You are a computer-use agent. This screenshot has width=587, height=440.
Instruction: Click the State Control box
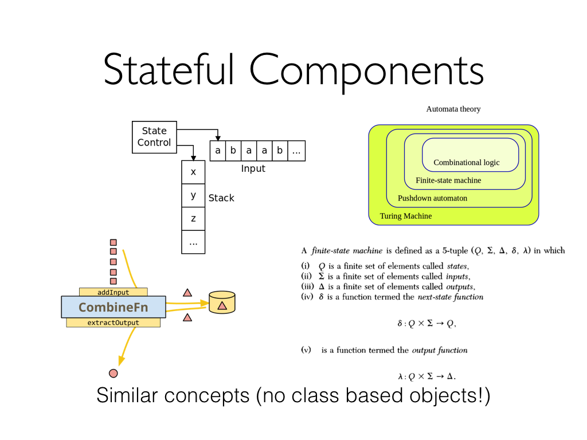(154, 137)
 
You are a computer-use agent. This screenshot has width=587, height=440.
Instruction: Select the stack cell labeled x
(193, 172)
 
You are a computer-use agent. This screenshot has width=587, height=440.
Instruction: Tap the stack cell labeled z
(193, 218)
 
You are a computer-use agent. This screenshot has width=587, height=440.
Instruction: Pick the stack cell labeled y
(193, 195)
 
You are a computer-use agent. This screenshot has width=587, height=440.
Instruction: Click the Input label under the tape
(253, 168)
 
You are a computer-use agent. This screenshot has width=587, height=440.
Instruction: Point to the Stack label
(221, 198)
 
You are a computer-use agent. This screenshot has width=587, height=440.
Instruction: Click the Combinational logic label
(466, 163)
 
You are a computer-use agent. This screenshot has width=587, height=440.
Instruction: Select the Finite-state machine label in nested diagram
(448, 180)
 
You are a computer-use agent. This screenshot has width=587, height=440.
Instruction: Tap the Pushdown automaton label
(432, 198)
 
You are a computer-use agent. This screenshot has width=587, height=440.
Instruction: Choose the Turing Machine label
(406, 216)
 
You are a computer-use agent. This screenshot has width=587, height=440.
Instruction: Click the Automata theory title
(453, 109)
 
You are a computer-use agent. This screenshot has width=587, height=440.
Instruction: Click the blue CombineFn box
(113, 307)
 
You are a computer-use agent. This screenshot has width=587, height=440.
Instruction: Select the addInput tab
(113, 292)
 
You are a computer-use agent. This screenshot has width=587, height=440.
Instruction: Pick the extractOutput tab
(113, 323)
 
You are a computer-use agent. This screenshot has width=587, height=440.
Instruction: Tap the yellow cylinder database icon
(222, 302)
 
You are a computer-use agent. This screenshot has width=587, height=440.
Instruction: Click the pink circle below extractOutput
(114, 374)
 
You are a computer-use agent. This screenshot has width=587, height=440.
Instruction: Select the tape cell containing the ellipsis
(296, 151)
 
